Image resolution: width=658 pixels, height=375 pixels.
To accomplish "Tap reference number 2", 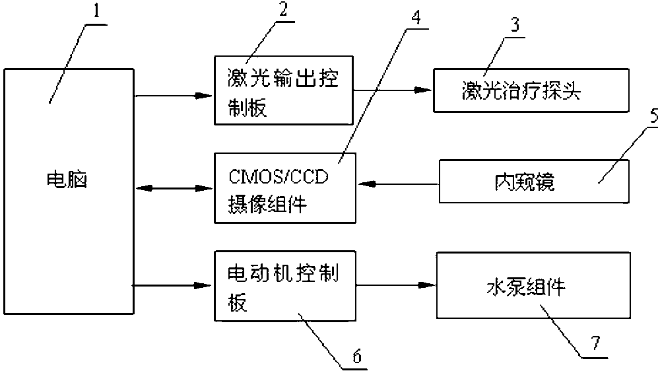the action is point(283,10).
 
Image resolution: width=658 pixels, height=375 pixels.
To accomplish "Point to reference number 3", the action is point(515,25).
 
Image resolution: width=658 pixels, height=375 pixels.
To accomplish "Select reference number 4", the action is point(416,17).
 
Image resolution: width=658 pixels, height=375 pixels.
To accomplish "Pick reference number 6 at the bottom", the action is point(356,356).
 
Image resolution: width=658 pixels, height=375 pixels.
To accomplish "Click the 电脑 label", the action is point(67,180).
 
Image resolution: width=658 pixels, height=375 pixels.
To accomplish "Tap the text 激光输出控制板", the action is point(283,92).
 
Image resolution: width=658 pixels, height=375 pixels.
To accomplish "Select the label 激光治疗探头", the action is point(521,90).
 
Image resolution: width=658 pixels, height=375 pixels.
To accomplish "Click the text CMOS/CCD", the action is point(279,177).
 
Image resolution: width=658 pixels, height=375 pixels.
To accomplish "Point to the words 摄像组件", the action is point(267,205).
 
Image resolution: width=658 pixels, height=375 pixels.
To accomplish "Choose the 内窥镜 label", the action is point(525,182).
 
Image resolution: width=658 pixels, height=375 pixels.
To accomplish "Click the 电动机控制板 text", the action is point(283,288).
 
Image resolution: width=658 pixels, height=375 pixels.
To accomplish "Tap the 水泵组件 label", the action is point(526,287).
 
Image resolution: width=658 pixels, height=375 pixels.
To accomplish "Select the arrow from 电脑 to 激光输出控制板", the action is point(174,96).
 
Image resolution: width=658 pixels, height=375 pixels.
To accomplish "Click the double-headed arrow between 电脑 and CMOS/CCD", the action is point(175,188).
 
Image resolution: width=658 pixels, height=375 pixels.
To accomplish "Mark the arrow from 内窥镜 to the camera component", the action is point(399,184).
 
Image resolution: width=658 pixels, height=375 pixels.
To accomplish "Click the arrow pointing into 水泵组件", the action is point(396,286).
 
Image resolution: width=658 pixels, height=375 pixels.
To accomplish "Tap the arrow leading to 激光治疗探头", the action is point(393,89).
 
